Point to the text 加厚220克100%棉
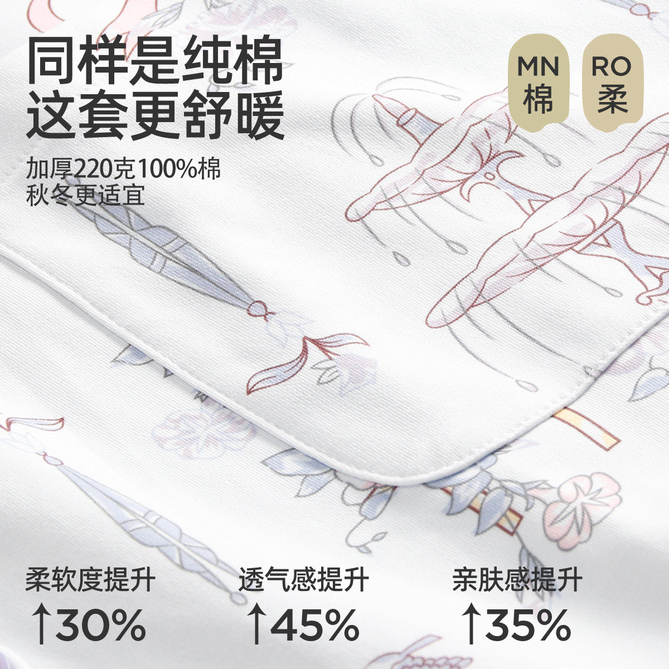click(123, 168)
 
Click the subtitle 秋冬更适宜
click(85, 196)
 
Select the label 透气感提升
click(303, 580)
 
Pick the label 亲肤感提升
click(517, 580)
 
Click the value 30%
click(100, 624)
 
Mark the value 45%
click(314, 624)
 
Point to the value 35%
click(527, 624)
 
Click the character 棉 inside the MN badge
click(538, 100)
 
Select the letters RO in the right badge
click(612, 66)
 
